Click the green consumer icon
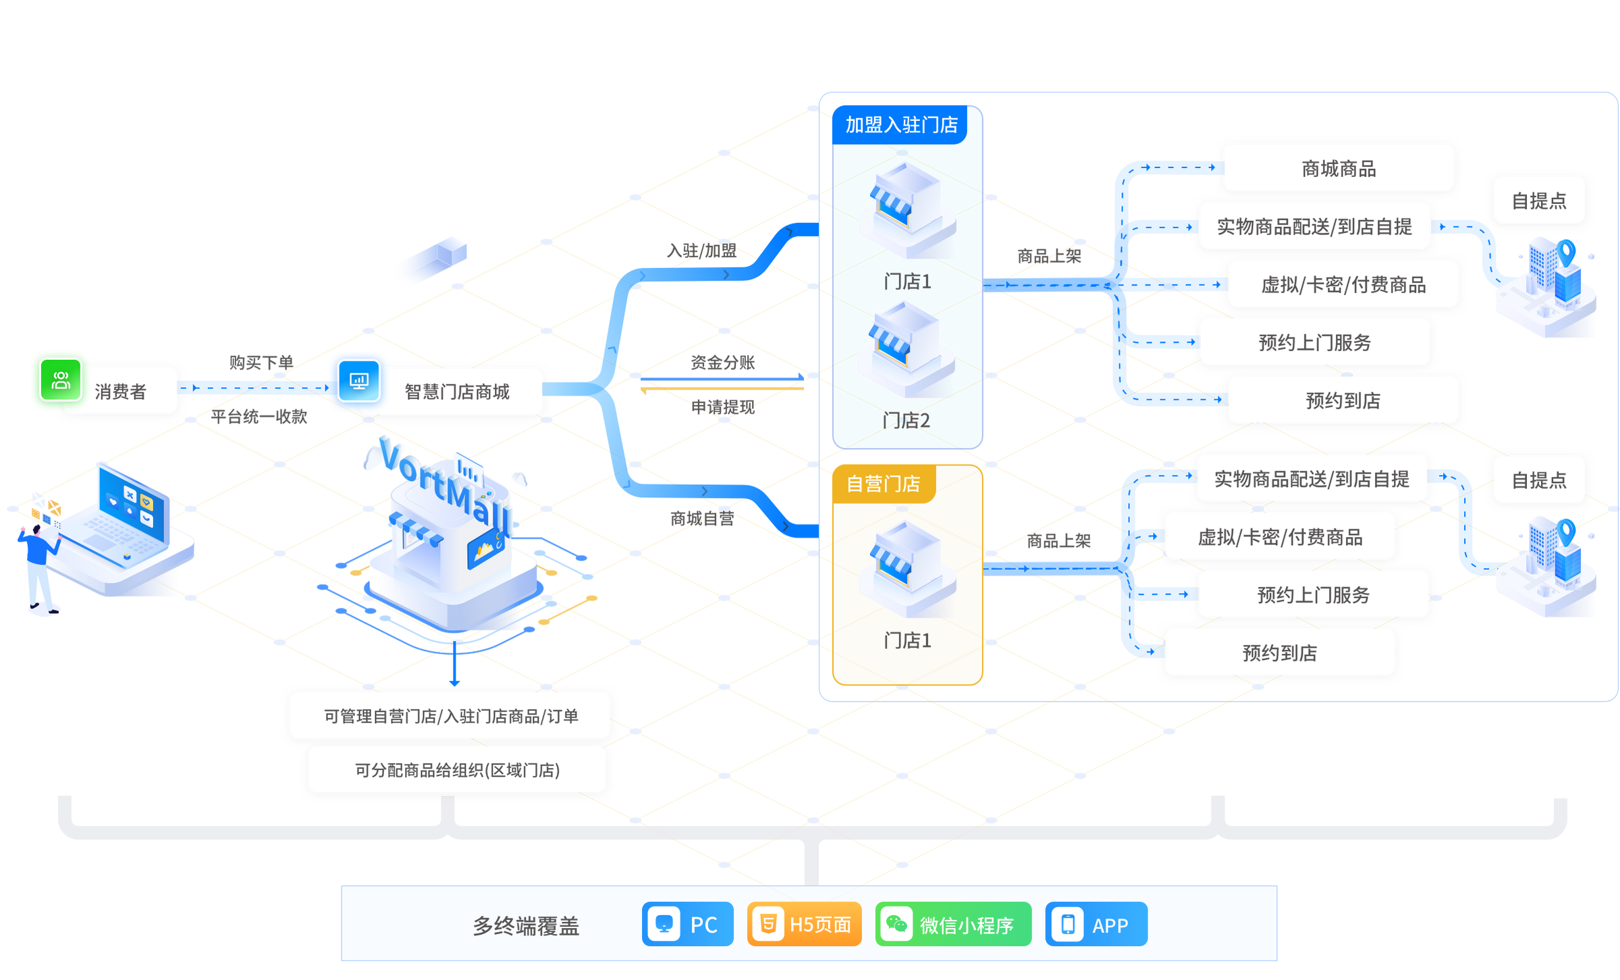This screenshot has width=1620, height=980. click(x=61, y=380)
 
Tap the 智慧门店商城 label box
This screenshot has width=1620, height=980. click(x=456, y=392)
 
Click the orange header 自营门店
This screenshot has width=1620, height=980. click(x=883, y=484)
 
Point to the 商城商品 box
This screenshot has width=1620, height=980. click(x=1338, y=168)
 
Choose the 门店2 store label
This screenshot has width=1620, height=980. click(x=906, y=421)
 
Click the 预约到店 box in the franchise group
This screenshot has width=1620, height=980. click(x=1342, y=401)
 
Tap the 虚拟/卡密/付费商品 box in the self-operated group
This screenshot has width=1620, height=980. click(x=1280, y=537)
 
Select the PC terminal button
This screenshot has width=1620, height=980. click(x=687, y=924)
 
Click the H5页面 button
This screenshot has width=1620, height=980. click(x=805, y=924)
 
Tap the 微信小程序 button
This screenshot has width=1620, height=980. click(x=953, y=924)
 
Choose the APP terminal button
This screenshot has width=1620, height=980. click(x=1096, y=924)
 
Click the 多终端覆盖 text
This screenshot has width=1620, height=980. click(x=526, y=926)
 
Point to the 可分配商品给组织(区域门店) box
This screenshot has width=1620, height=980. click(x=457, y=770)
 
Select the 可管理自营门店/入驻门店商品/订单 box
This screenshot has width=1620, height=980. click(x=450, y=716)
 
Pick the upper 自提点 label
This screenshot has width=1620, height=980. click(x=1538, y=201)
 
